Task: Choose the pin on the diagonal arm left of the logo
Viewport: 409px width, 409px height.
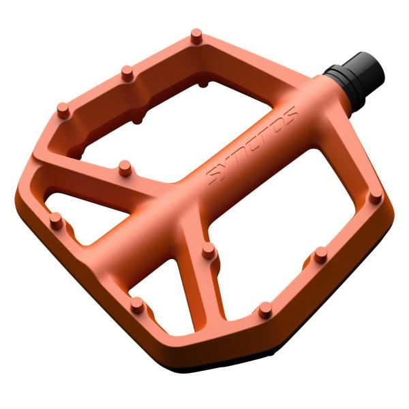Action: tap(124, 166)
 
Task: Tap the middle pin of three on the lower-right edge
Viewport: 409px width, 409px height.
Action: tap(321, 256)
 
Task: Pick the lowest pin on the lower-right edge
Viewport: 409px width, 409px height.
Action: tap(264, 311)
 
